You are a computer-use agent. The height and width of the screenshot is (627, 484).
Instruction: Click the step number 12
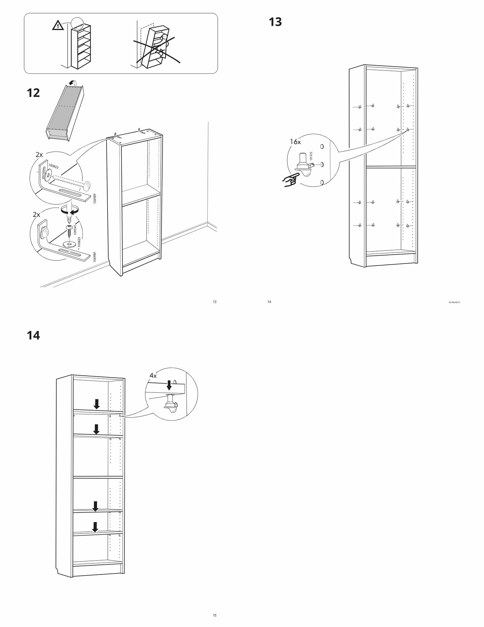33,93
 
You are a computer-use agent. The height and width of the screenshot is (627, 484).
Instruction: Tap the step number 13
275,22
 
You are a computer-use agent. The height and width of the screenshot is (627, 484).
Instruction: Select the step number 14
33,335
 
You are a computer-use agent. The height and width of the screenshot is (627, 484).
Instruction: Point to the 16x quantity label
295,142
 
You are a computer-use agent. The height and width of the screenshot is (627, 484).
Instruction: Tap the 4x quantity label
153,375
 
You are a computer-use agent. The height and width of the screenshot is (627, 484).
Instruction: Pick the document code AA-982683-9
454,302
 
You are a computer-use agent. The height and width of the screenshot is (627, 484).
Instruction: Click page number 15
215,615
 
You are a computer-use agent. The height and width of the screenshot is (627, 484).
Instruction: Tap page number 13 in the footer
215,302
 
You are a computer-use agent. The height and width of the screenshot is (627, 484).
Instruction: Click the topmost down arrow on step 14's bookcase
97,404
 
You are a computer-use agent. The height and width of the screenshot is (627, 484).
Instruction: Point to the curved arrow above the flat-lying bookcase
73,82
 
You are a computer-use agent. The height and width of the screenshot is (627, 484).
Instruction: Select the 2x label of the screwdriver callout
36,215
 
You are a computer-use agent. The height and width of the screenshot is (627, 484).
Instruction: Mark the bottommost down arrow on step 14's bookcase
95,527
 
